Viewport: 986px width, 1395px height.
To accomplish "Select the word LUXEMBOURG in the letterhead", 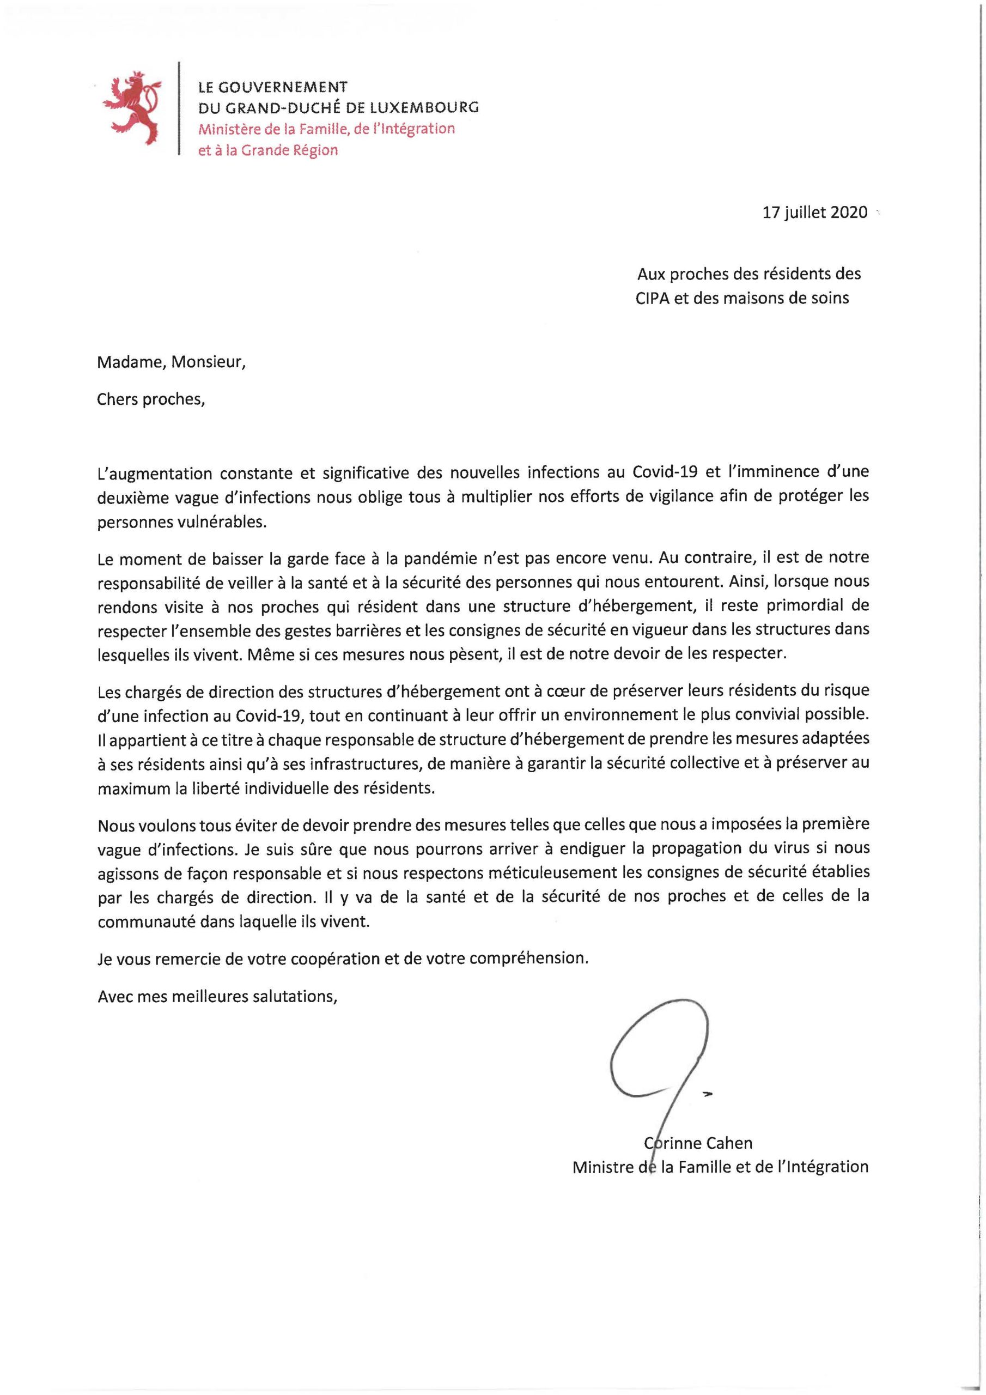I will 425,108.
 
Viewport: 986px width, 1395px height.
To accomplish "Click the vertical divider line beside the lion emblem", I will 179,110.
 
